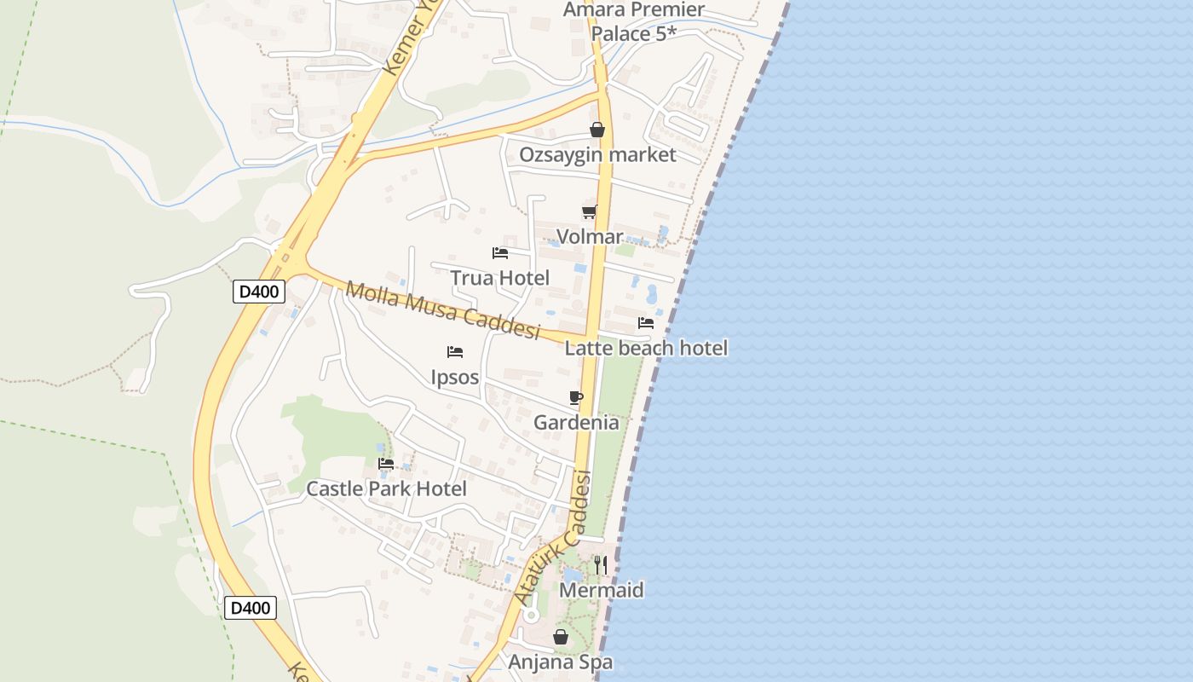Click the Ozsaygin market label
click(x=597, y=155)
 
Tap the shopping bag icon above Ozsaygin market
click(x=597, y=130)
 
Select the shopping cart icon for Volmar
click(x=589, y=211)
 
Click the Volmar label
click(x=590, y=237)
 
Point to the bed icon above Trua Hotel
click(x=500, y=253)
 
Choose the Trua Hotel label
click(x=500, y=278)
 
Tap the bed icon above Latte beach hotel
click(x=646, y=323)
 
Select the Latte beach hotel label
click(x=646, y=348)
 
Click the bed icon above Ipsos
click(x=455, y=352)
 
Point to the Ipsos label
click(x=455, y=377)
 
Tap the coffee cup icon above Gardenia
click(x=576, y=397)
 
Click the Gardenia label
click(x=576, y=423)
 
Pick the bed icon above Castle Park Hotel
click(x=386, y=464)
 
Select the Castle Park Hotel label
click(x=386, y=489)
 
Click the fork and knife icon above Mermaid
click(x=601, y=564)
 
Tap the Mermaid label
click(x=602, y=590)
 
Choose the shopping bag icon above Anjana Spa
click(x=561, y=637)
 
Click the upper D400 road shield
click(x=258, y=292)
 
